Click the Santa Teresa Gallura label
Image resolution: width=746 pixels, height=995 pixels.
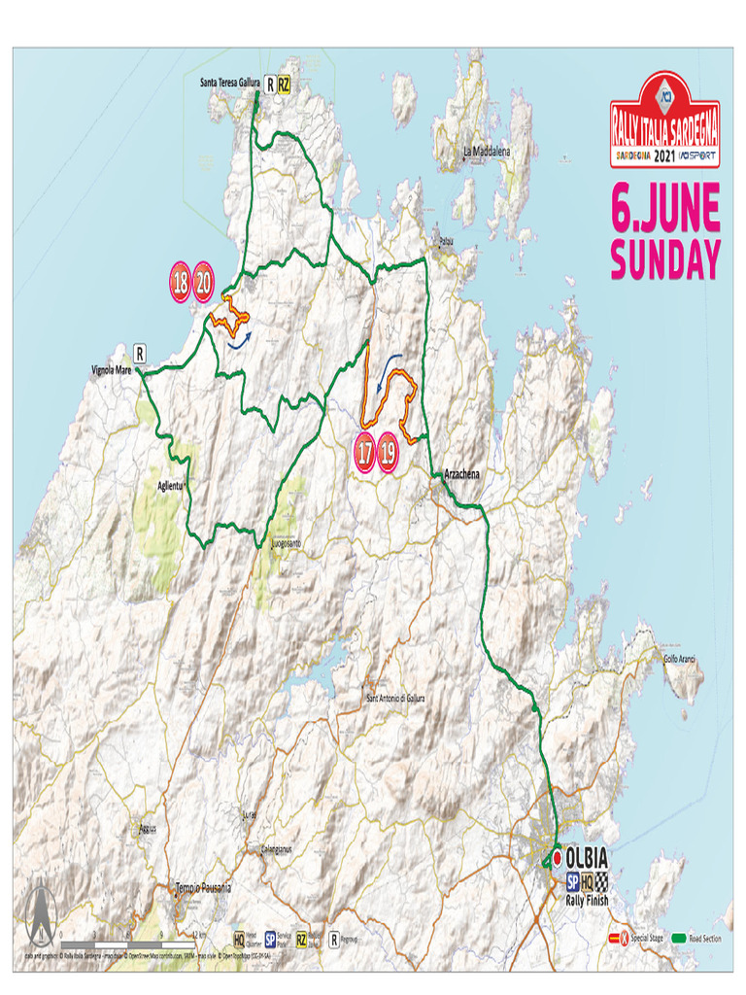pos(231,84)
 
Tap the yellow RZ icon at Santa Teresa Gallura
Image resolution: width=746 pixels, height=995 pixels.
pos(284,85)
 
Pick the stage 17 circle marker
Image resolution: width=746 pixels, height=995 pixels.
pos(365,453)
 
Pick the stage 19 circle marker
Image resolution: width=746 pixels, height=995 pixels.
pos(389,453)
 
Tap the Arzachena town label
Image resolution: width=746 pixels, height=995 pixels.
pos(462,474)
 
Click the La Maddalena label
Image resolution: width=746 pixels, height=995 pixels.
pos(486,152)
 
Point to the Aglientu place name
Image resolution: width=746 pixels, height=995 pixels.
pos(170,485)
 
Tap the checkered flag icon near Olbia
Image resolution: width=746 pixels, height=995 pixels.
pos(603,881)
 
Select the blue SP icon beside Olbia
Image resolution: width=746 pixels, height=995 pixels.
pos(573,881)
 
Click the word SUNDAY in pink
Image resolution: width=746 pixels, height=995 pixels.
pos(665,260)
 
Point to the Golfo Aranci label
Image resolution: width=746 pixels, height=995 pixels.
pos(683,660)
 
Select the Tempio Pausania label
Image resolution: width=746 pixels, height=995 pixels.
pos(204,888)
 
